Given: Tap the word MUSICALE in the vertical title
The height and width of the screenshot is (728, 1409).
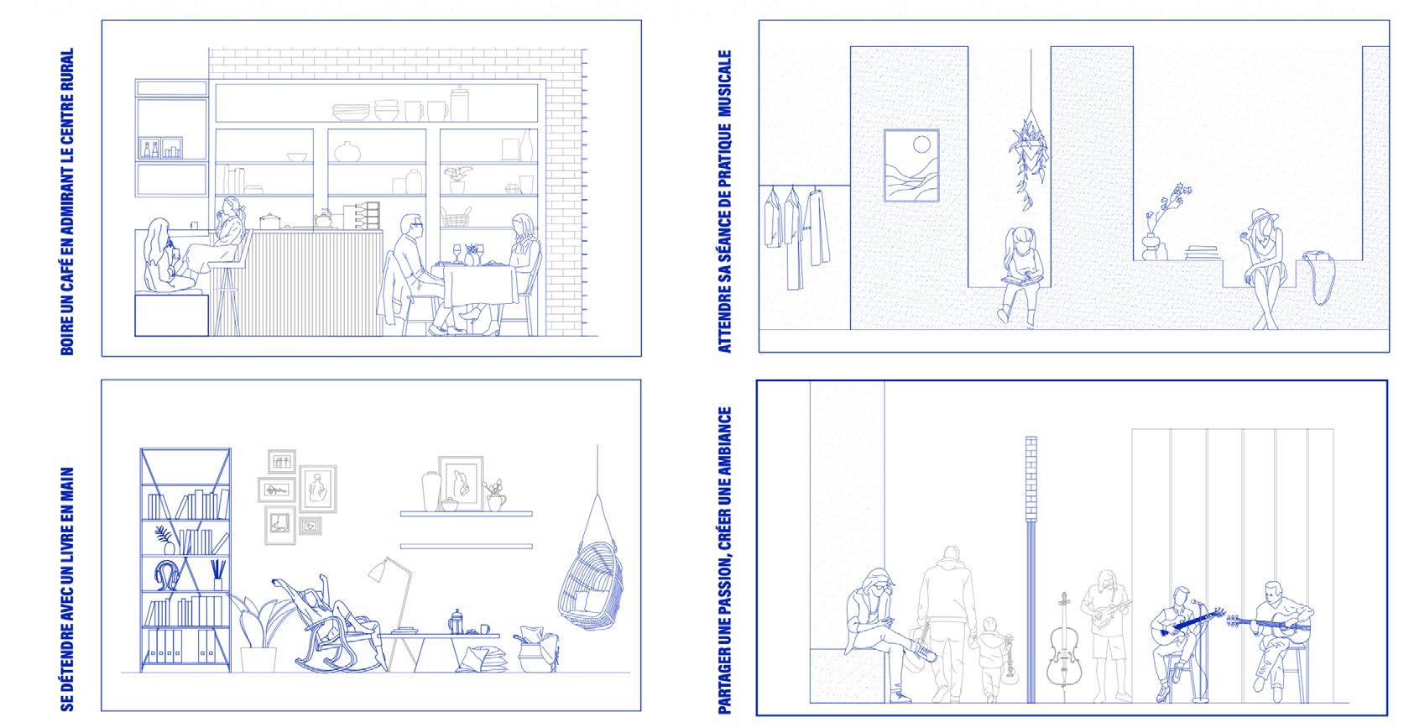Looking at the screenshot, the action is point(724,83).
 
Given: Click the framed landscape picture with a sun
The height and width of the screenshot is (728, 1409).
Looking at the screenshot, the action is point(911,165).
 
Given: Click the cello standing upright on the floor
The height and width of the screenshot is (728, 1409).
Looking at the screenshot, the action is point(1063,648).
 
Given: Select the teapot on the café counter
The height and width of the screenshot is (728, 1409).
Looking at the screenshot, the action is point(323,218).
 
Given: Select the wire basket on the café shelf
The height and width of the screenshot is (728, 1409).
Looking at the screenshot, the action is point(456,217).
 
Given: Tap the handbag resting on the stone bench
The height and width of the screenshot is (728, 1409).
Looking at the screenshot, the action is point(1319,277).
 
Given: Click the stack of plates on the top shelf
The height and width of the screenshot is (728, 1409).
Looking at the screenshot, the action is point(351,112).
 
